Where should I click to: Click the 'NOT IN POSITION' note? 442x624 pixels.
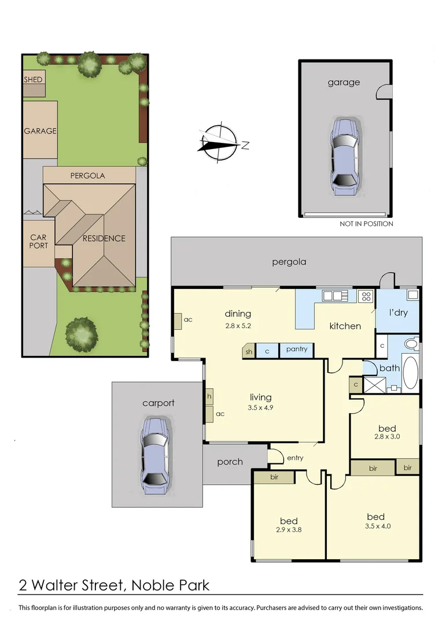(x=366, y=224)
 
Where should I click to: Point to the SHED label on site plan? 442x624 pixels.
(x=33, y=79)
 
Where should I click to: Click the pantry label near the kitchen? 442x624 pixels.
(x=296, y=350)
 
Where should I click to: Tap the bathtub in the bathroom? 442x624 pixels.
(x=410, y=373)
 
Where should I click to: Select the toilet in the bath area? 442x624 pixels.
(x=411, y=344)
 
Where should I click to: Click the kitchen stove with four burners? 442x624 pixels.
(x=366, y=296)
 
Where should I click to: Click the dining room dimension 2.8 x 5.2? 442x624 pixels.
(x=238, y=325)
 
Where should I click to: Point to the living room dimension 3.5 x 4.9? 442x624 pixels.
(x=260, y=408)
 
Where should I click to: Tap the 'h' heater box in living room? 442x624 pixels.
(x=209, y=396)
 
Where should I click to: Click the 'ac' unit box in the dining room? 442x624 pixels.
(x=178, y=320)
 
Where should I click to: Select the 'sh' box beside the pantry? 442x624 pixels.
(x=249, y=351)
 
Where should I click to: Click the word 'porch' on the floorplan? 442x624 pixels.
(x=230, y=462)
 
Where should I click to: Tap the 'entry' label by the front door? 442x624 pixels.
(x=295, y=458)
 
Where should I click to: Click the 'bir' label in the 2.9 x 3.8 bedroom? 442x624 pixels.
(x=274, y=477)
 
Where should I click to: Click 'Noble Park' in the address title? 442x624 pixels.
(x=171, y=585)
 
